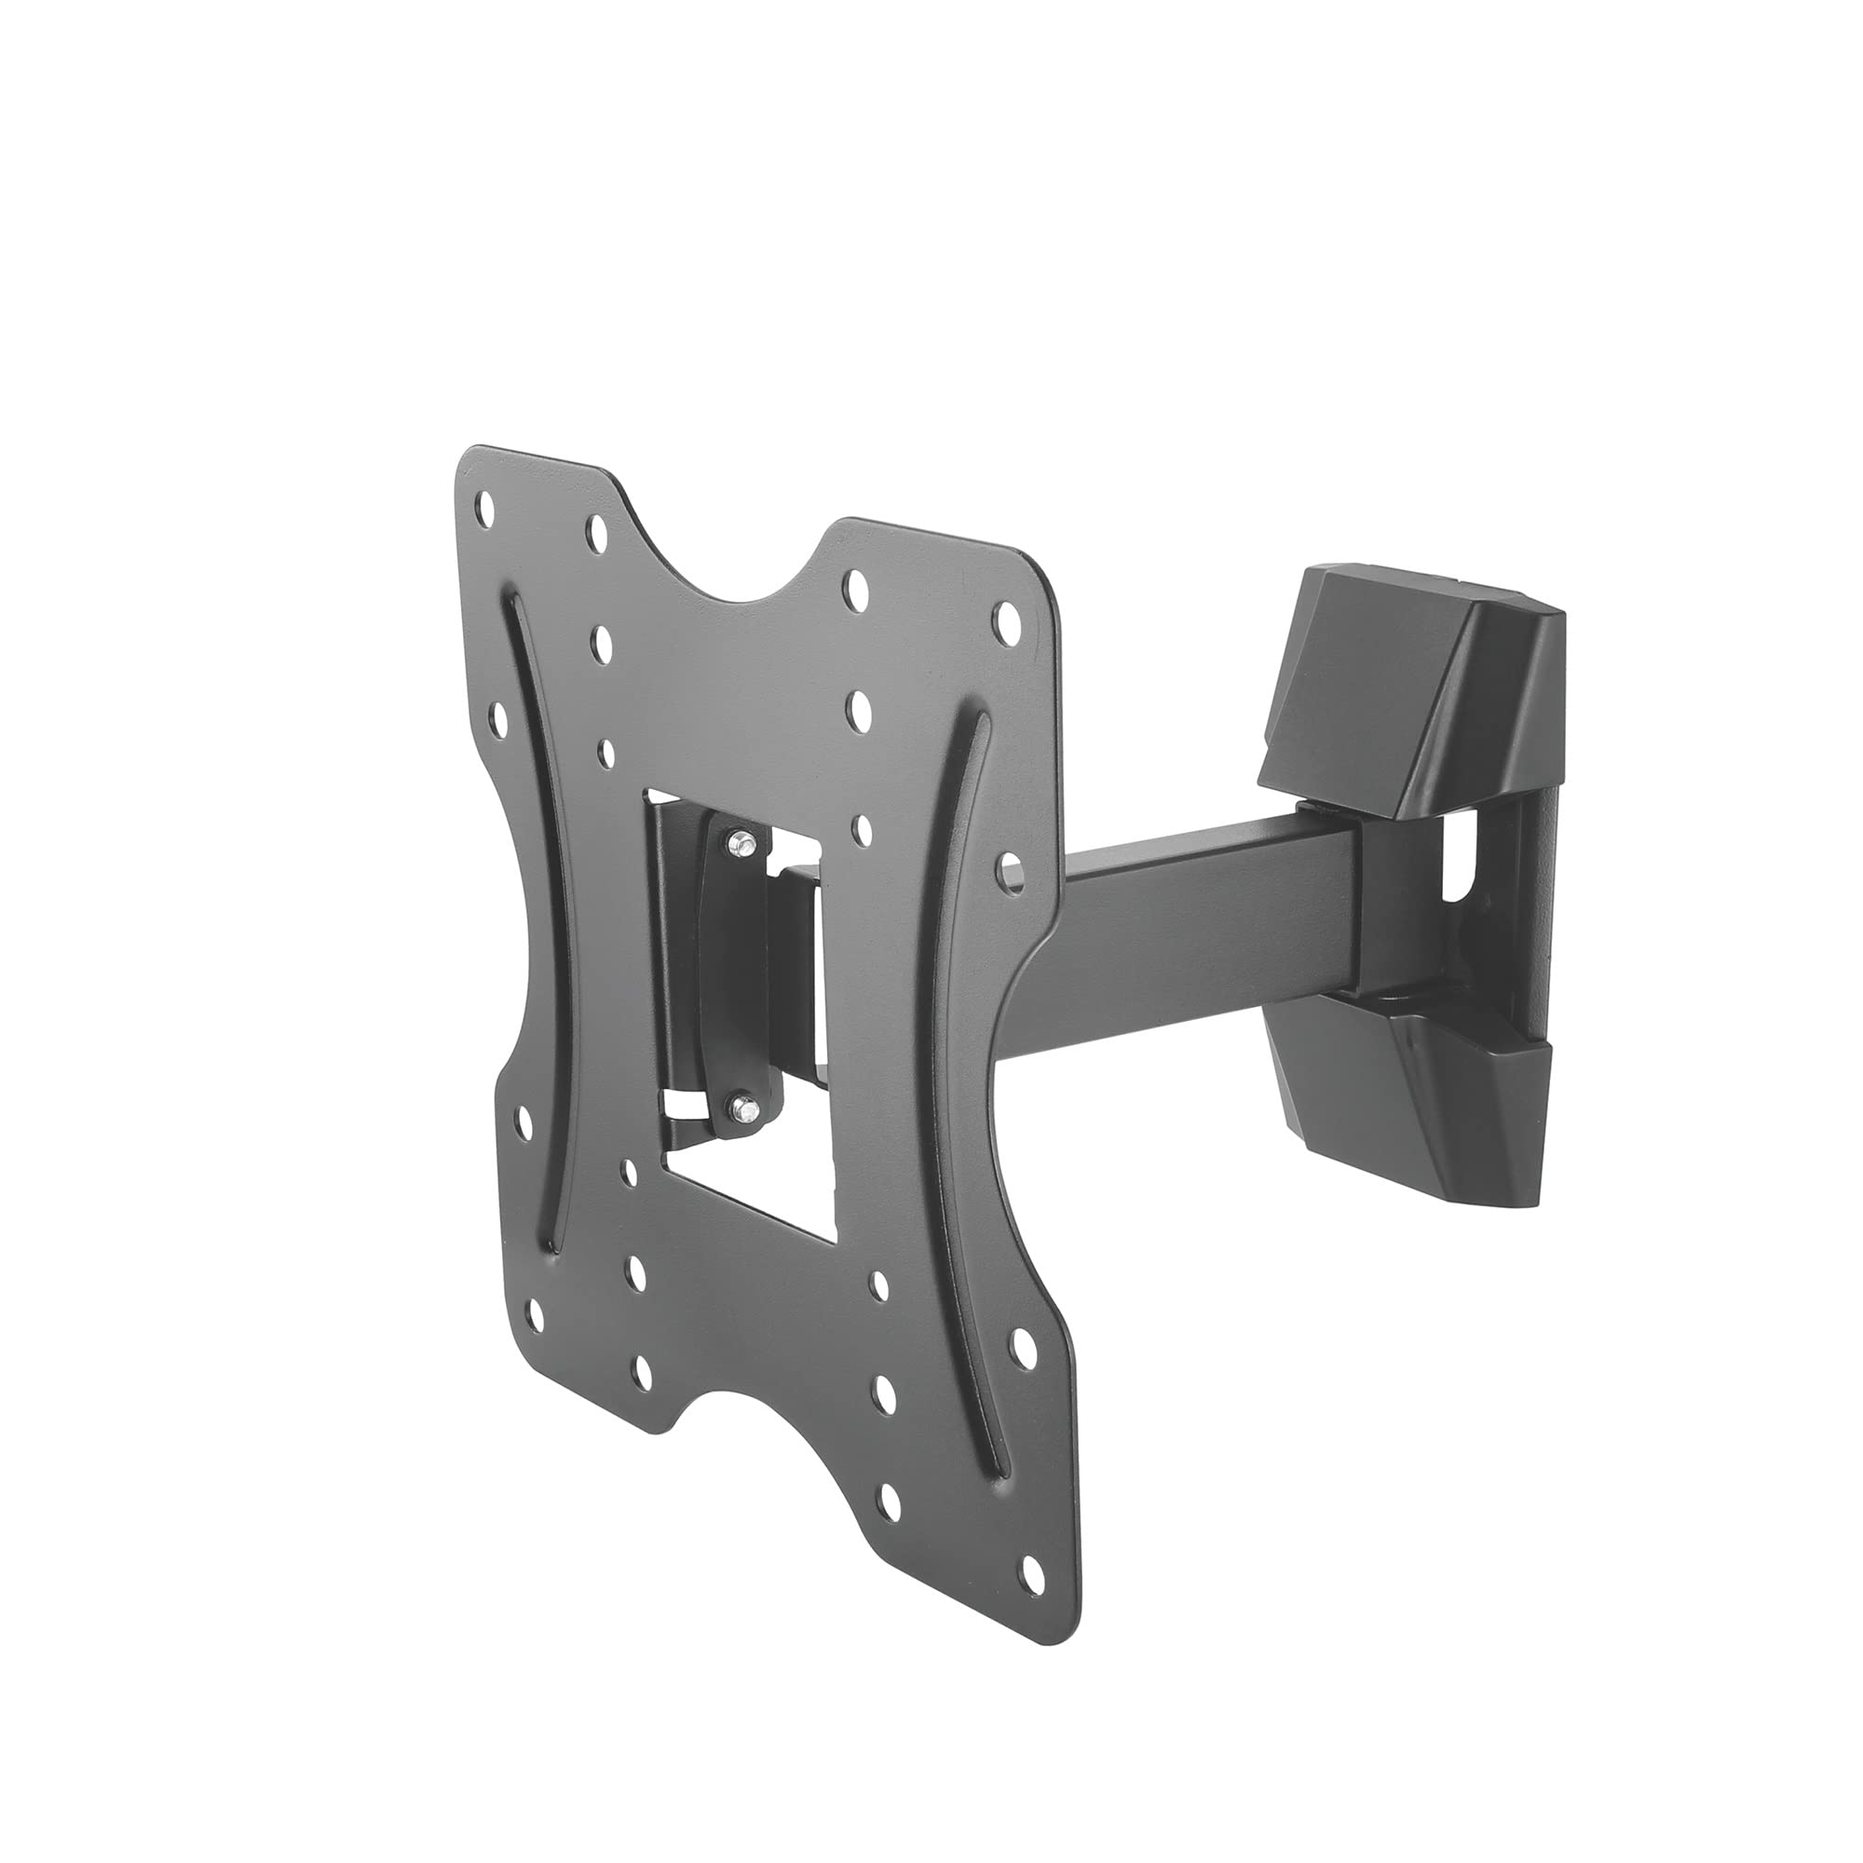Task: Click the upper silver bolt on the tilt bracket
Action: point(740,842)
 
